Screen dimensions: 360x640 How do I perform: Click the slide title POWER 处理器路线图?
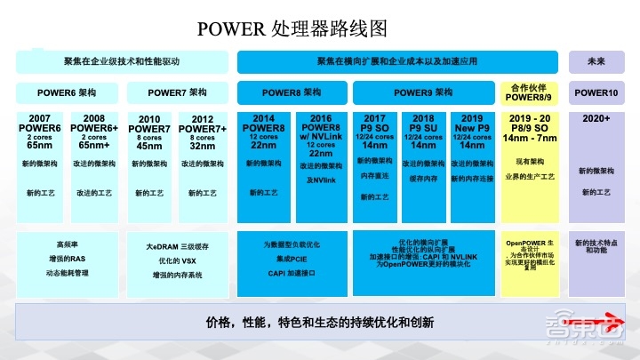(x=320, y=28)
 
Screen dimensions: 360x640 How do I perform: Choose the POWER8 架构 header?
(x=292, y=92)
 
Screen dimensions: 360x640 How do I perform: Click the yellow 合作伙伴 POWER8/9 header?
(x=532, y=92)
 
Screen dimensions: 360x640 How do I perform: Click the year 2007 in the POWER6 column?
(x=40, y=118)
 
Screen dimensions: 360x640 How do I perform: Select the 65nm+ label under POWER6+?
(x=94, y=147)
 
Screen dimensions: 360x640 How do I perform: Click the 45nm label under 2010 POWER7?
(x=149, y=147)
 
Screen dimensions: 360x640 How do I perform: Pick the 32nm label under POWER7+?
(x=202, y=147)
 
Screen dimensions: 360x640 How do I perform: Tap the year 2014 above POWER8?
(x=264, y=118)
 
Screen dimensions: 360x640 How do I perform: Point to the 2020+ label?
(x=596, y=118)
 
